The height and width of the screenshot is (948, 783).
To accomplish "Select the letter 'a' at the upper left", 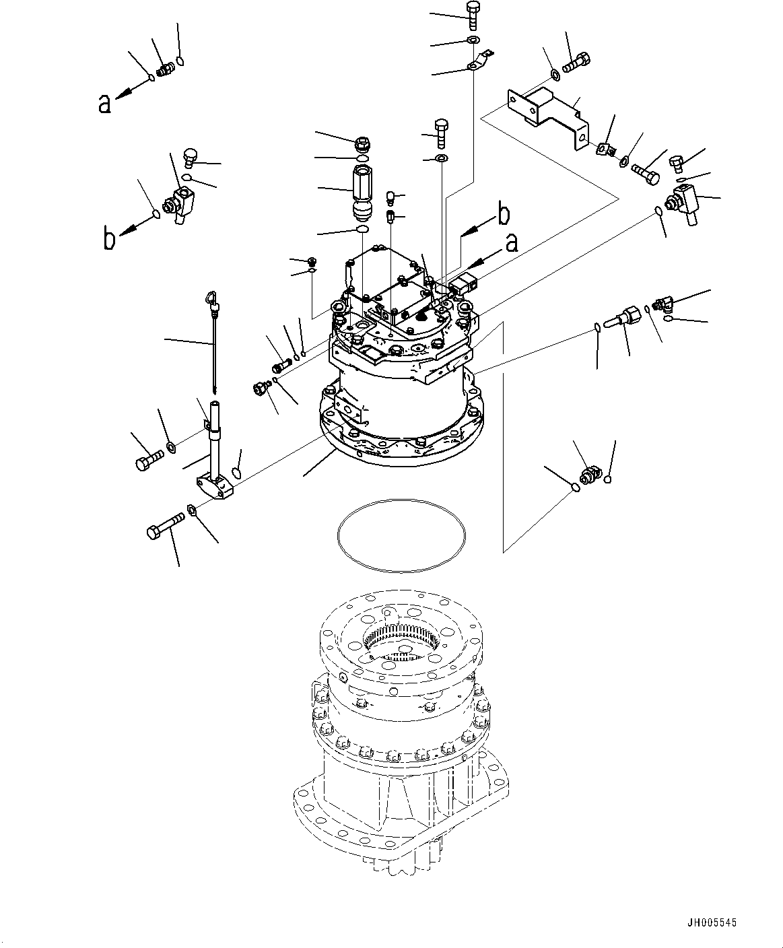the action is tap(104, 104).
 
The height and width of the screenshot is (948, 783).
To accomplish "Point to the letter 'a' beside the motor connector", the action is tap(512, 243).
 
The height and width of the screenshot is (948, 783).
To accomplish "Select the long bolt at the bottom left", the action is tap(166, 526).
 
